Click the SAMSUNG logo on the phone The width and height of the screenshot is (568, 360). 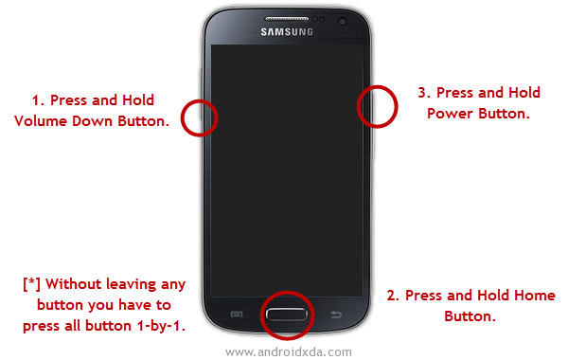[287, 32]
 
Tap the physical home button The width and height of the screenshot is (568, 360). [286, 315]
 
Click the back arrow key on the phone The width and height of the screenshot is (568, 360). [336, 315]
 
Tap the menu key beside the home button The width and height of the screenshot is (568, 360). [237, 315]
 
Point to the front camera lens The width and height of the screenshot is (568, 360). [342, 22]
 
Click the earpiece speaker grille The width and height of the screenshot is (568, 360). [287, 18]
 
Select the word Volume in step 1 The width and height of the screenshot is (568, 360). [41, 120]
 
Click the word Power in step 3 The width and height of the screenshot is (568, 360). [451, 114]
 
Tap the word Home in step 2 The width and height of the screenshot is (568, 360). [535, 296]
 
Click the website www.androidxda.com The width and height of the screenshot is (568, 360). [289, 351]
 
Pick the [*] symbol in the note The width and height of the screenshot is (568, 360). [31, 284]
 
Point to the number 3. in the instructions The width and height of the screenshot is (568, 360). [424, 93]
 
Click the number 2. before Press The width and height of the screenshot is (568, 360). [393, 296]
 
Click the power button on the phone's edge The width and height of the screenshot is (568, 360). [371, 107]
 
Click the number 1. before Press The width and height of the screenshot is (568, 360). [38, 100]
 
